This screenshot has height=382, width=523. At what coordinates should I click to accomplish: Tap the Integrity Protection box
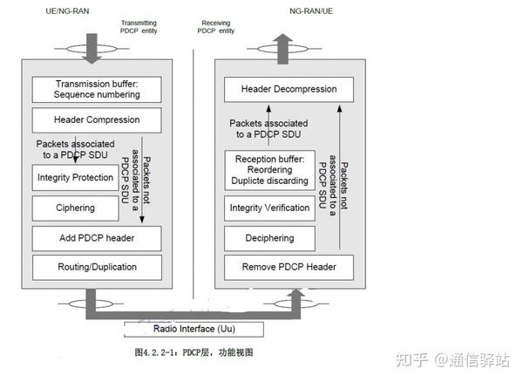coord(75,177)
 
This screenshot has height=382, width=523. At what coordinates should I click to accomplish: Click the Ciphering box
coord(75,208)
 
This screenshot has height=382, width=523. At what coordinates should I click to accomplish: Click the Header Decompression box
coord(288,89)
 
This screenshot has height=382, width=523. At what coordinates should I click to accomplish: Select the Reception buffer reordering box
coord(268,170)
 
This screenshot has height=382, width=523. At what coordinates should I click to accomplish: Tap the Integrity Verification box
coord(268,208)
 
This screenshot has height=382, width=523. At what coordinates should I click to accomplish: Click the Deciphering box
coord(268,236)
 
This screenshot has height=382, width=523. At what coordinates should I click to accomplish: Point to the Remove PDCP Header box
coord(288,266)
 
